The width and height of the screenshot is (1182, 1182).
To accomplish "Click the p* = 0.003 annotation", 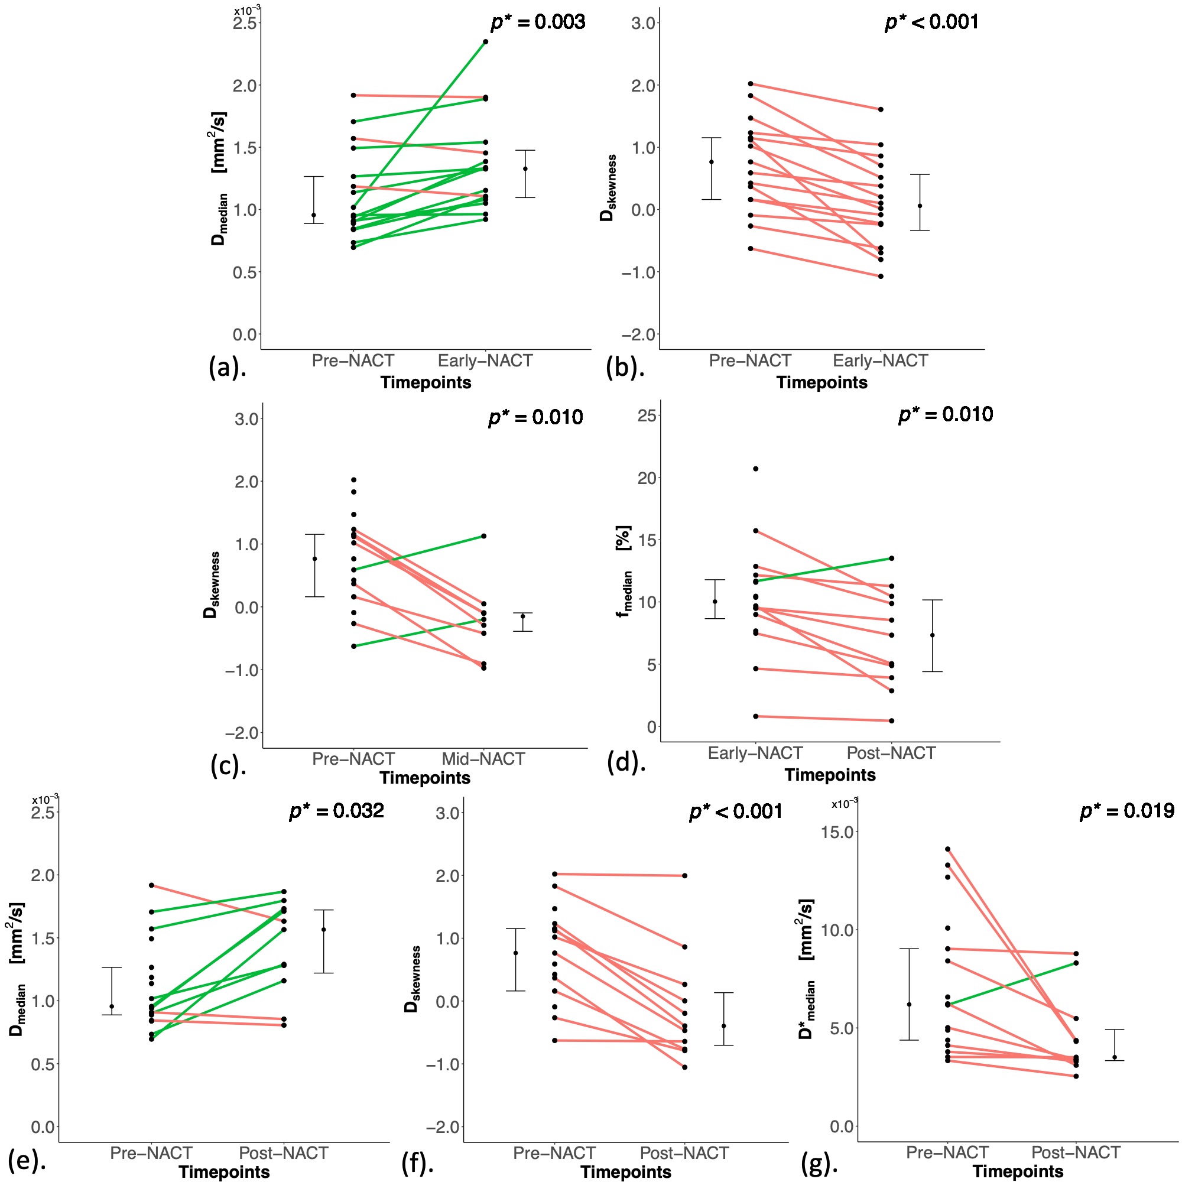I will [x=538, y=22].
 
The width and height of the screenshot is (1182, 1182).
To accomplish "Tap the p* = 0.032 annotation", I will [x=336, y=811].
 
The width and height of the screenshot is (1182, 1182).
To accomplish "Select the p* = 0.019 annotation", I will [x=1127, y=811].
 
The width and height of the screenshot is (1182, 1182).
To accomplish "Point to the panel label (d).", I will [x=626, y=762].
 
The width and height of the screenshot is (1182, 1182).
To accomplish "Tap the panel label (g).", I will [x=819, y=1163].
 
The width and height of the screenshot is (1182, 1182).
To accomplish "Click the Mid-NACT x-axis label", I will [x=483, y=759].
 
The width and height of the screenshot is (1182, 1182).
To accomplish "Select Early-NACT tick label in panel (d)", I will [x=755, y=753].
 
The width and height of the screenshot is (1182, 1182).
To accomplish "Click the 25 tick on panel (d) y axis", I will [x=647, y=416].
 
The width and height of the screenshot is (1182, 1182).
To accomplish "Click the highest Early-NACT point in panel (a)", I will [x=486, y=41].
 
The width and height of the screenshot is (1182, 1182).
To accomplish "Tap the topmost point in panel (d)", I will [x=755, y=469].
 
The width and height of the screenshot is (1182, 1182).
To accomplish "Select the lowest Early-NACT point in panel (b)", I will [x=881, y=277].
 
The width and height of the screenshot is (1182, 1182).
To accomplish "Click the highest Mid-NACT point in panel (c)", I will [x=483, y=536].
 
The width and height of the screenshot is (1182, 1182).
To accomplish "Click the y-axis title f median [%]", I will [x=625, y=572].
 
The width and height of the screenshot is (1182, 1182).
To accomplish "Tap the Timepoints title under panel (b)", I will [x=821, y=383].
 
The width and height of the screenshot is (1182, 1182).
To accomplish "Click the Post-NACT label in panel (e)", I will [x=283, y=1153].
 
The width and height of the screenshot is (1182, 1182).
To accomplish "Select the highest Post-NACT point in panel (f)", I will [x=684, y=875].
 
